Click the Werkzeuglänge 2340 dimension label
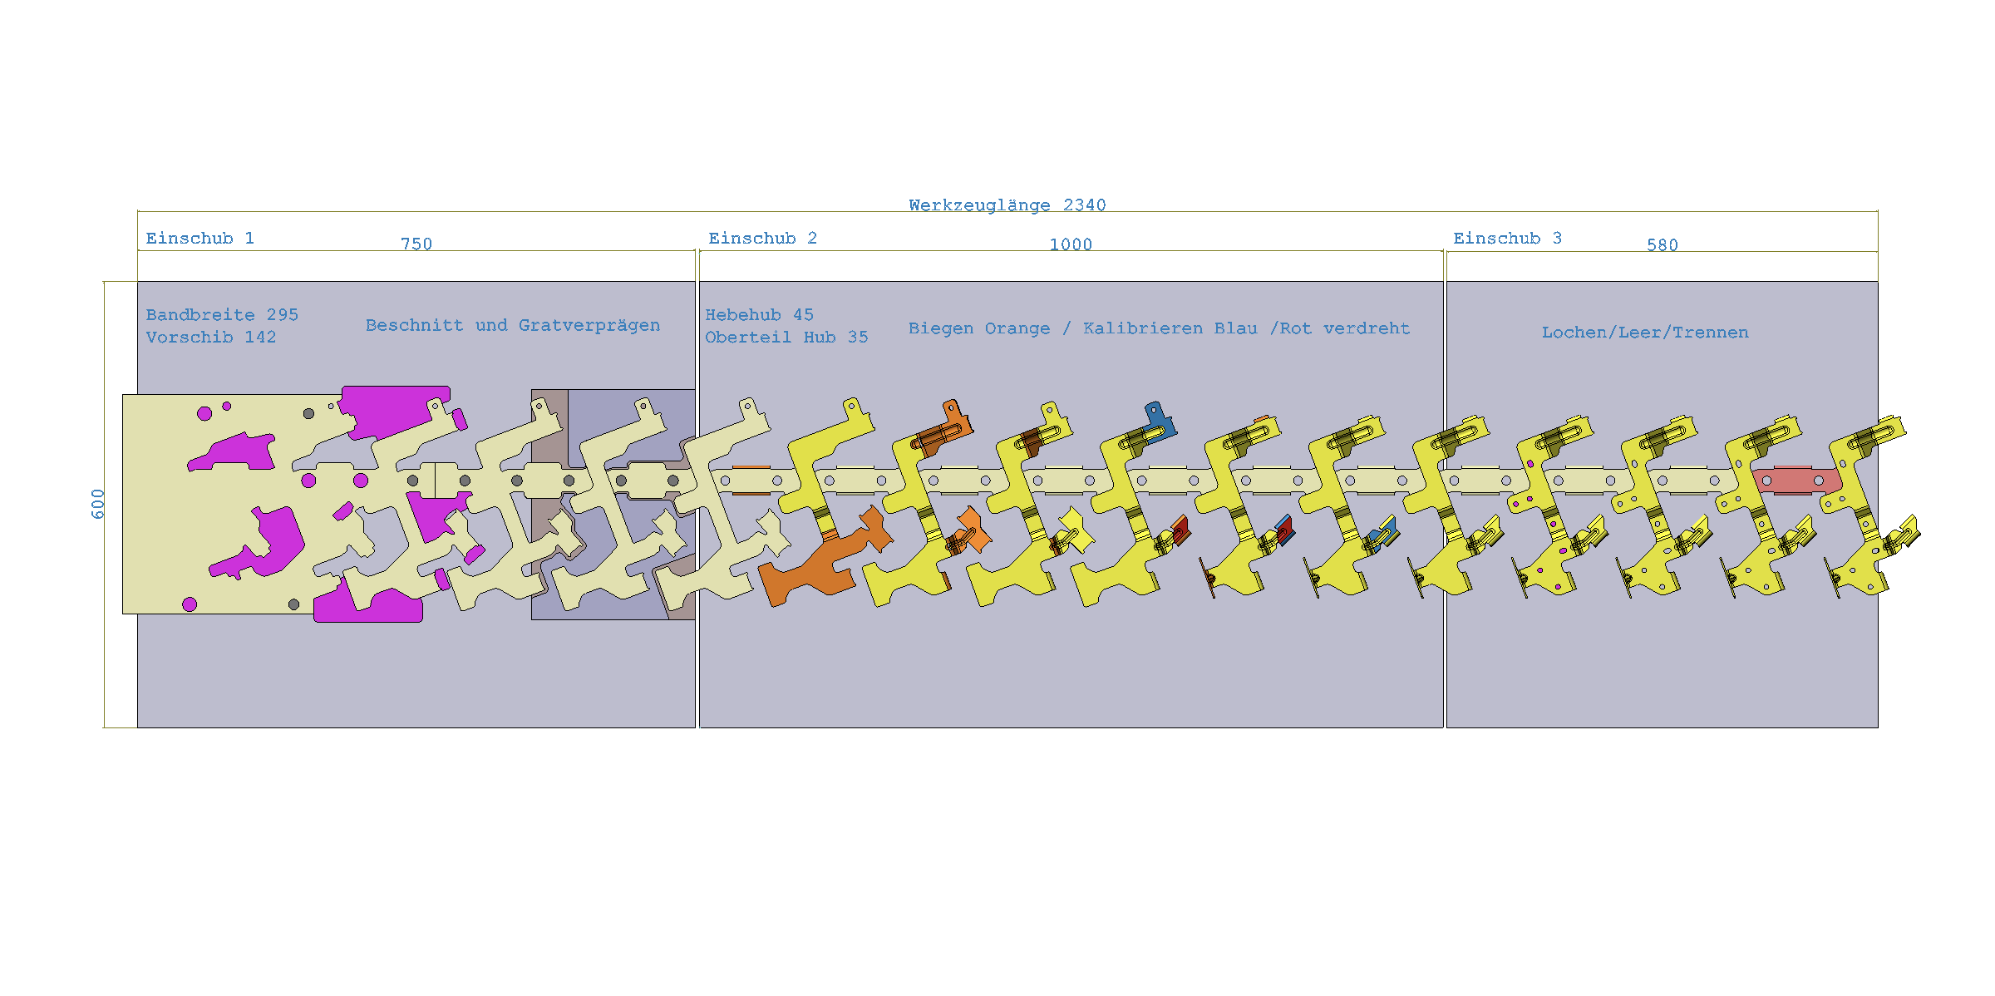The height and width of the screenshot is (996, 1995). point(1007,205)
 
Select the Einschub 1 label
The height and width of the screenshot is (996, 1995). point(199,239)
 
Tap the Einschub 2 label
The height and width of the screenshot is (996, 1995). point(762,239)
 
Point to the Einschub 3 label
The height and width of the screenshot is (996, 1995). point(1507,239)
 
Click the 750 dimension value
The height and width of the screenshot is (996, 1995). point(416,244)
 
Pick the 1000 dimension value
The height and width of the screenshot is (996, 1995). point(1071,245)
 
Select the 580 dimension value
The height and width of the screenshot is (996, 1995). point(1662,245)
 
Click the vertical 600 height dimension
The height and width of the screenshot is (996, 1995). point(98,504)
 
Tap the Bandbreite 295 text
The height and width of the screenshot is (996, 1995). point(222,315)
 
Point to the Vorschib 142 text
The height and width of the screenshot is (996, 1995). point(211,338)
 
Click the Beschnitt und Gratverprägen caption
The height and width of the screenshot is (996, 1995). point(513,326)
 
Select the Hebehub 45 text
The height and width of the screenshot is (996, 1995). point(759,315)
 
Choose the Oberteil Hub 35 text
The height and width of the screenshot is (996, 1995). point(786,338)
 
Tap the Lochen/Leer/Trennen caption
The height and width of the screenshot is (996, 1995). point(1645,333)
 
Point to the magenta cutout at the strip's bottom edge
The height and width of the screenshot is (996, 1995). point(367,604)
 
